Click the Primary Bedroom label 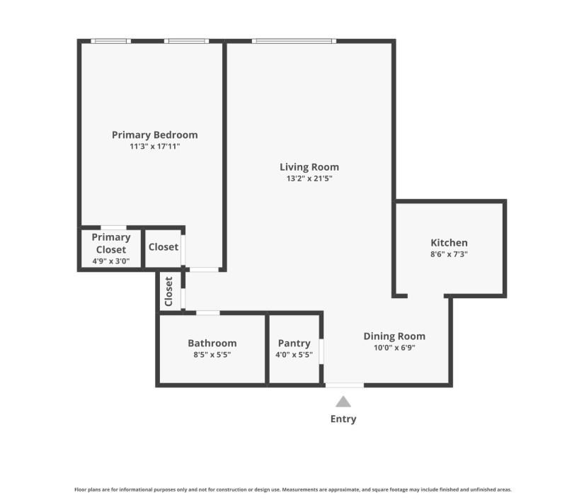[x=154, y=135]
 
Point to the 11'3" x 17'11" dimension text [x=154, y=146]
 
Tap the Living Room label [x=309, y=167]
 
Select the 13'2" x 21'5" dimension [x=309, y=178]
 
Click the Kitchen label [x=449, y=242]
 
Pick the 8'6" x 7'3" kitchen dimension [x=449, y=254]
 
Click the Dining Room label [x=394, y=336]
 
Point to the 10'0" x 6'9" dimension [x=394, y=348]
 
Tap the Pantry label [x=294, y=343]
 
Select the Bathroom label [x=212, y=343]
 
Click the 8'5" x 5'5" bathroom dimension [x=212, y=354]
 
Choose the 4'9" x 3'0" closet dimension [x=111, y=261]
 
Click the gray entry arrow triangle [x=343, y=402]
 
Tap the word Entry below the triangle [x=343, y=419]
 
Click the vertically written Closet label [x=168, y=291]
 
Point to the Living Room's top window [x=294, y=41]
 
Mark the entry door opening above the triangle [x=345, y=385]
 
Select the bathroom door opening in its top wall [x=208, y=312]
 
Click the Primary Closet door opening [x=113, y=227]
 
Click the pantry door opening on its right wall [x=321, y=351]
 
